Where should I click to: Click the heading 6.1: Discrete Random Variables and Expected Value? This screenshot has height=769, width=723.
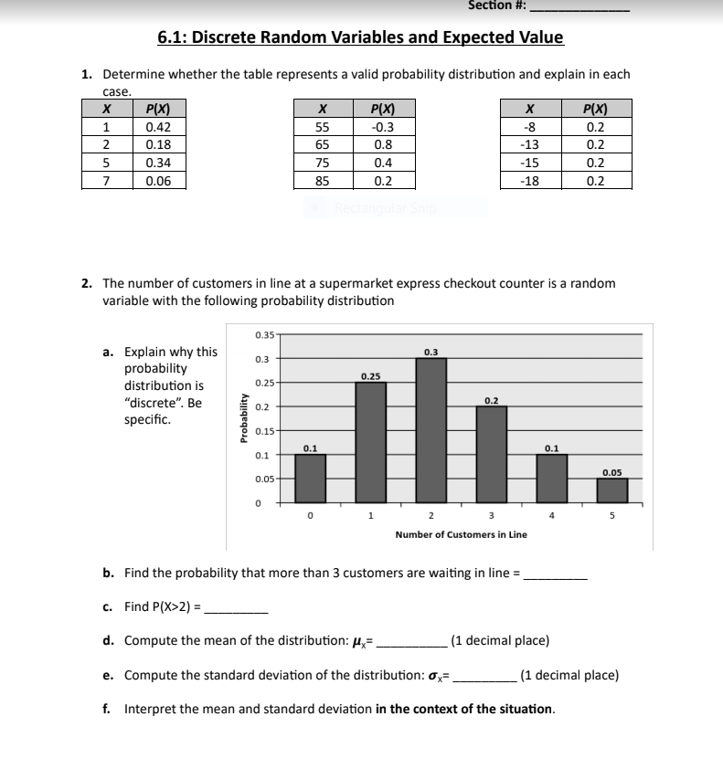[360, 37]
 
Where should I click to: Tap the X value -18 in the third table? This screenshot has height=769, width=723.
[527, 180]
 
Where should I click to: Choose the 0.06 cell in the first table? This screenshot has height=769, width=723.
[159, 180]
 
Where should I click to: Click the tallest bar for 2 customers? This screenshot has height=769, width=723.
[431, 429]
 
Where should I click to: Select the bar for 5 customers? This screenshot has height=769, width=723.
[612, 490]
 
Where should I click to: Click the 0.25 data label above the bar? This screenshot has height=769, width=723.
[371, 375]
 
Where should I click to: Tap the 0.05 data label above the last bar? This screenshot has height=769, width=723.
[612, 472]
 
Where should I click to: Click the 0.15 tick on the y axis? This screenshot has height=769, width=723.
[262, 430]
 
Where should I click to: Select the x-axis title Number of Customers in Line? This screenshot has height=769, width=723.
[461, 534]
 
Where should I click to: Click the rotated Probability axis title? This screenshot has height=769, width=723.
[243, 417]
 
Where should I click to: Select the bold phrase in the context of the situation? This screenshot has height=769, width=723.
[464, 709]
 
